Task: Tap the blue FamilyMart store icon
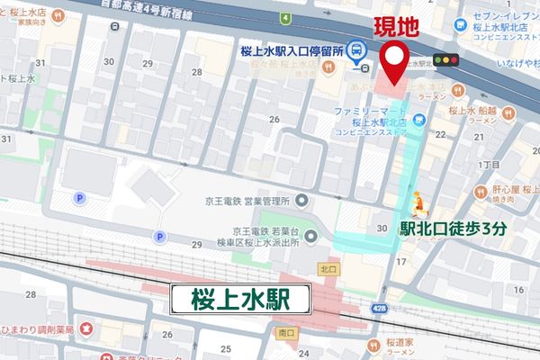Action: (x=418, y=117)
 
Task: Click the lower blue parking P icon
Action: (x=160, y=237)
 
